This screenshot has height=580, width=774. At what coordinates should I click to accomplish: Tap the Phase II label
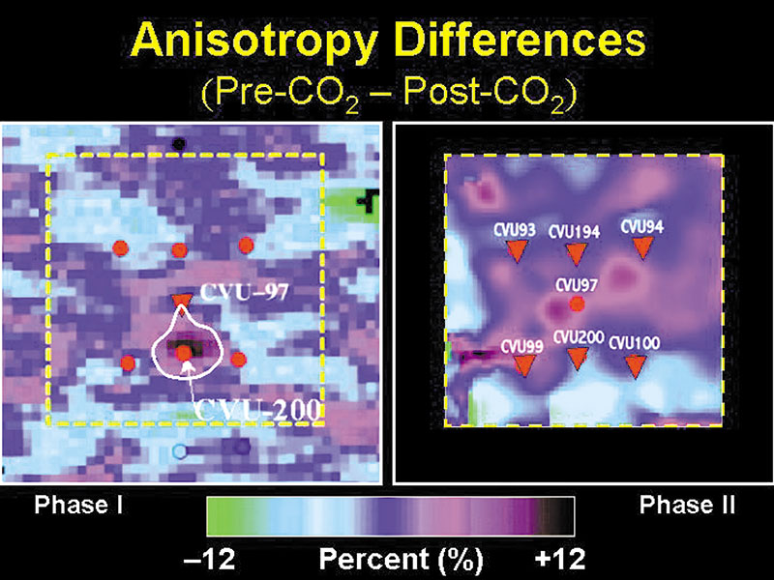(x=688, y=505)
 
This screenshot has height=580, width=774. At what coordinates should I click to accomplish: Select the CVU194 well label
(x=575, y=232)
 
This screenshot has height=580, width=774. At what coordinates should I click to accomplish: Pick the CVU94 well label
(x=641, y=226)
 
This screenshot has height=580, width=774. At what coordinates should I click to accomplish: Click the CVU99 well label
(x=523, y=345)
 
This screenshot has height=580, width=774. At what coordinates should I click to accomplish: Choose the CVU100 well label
(x=635, y=342)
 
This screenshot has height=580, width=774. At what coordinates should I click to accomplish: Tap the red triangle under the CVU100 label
(x=636, y=365)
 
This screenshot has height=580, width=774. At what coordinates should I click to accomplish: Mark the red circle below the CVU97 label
(x=577, y=304)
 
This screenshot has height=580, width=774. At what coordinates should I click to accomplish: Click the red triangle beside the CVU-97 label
(x=180, y=302)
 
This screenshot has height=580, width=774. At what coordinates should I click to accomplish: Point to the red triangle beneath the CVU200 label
(x=578, y=360)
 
